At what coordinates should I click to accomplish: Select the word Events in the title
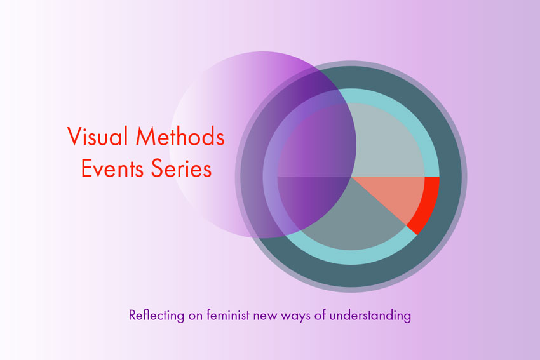(109, 169)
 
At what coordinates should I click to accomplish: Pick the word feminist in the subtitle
(229, 314)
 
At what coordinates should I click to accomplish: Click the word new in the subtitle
(266, 316)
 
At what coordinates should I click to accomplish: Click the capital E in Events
(86, 169)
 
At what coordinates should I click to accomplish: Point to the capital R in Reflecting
(132, 314)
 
